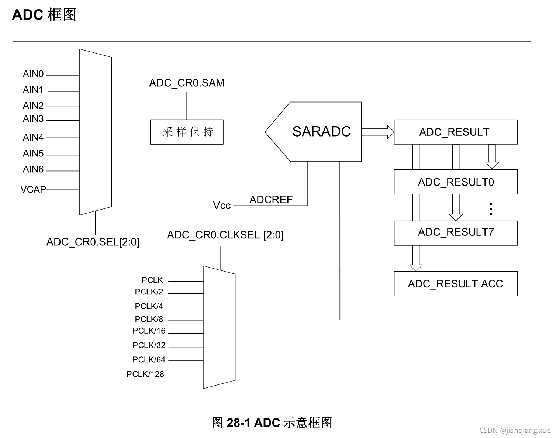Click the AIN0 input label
pos(33,74)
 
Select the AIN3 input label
pos(33,119)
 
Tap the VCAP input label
pos(33,189)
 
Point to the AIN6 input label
pos(33,169)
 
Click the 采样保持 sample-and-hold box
pos(187,132)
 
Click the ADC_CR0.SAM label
pos(187,83)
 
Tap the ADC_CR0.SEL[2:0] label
pos(93,242)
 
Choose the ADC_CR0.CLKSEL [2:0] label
pos(225,235)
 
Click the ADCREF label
pos(271,200)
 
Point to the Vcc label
pos(222,206)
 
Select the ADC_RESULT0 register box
pos(456,182)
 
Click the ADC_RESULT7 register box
pos(456,232)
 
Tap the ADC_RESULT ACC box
pos(456,284)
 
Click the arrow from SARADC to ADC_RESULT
pos(378,132)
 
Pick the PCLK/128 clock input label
pos(145,374)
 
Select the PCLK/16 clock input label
pos(149,331)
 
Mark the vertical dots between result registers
pos(491,209)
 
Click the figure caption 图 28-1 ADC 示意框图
pos(272,423)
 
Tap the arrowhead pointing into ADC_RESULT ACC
pos(416,267)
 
